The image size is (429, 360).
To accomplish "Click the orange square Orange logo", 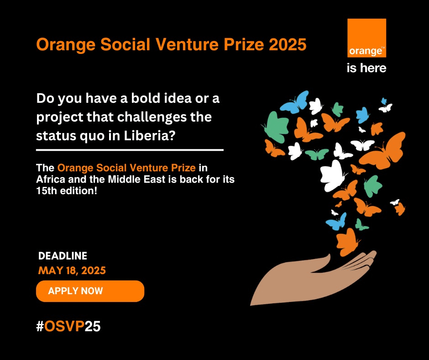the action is (x=366, y=38).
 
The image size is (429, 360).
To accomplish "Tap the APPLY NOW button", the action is (x=90, y=291).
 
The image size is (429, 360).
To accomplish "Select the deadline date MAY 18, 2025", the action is (x=72, y=270).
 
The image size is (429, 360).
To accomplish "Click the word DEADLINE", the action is (x=63, y=256).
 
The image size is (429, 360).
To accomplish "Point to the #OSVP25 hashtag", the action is (x=68, y=326).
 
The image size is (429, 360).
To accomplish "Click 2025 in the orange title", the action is (x=288, y=44).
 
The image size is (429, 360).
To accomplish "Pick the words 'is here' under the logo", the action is (x=366, y=68).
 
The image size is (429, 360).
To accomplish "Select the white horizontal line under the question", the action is (x=130, y=150).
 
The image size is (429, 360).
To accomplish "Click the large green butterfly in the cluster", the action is (x=276, y=127).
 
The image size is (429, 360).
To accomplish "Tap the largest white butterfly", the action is (x=333, y=175).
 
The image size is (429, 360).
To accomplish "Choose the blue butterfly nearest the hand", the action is (x=336, y=222).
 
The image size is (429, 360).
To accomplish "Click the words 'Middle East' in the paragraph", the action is (x=136, y=179).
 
